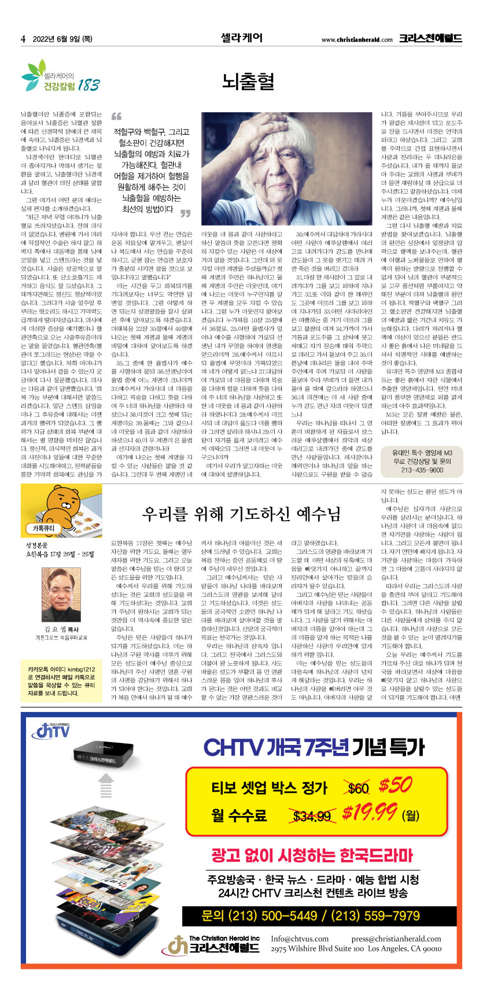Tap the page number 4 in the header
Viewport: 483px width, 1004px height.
23,39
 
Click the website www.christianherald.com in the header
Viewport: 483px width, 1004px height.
357,40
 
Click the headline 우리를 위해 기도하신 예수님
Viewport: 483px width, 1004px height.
241,514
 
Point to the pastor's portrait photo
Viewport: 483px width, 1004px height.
61,596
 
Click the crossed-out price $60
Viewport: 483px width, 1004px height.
359,788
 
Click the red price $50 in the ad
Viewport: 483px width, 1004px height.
396,785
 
